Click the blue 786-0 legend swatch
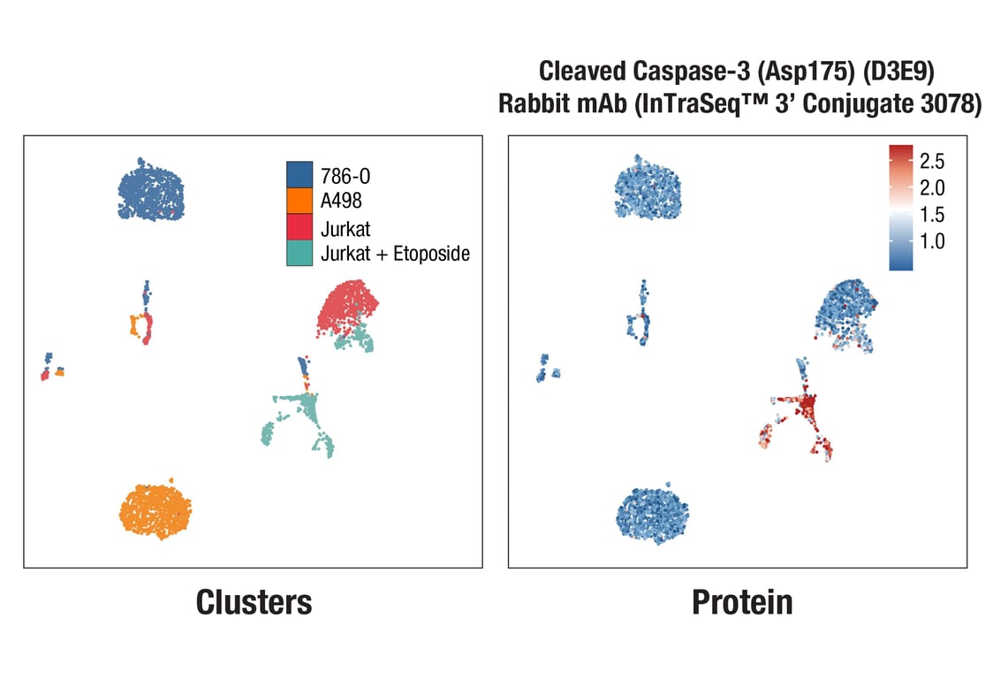pos(299,173)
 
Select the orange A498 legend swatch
pos(299,200)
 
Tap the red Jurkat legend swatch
pos(299,227)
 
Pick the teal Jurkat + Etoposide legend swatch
pos(299,254)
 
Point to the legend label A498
pos(341,201)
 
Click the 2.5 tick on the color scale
pos(933,161)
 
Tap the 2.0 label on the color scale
pos(933,187)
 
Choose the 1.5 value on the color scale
pos(933,214)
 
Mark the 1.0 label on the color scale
pos(933,240)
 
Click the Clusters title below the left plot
pos(254,602)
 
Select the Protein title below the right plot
pos(742,602)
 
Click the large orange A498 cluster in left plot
pos(157,510)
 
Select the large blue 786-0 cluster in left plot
pos(152,191)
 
